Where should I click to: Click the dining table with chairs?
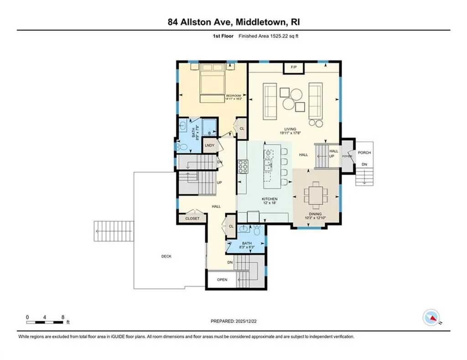(315, 193)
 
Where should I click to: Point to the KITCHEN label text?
(270, 199)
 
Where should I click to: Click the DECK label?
(166, 256)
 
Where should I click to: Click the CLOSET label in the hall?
(192, 219)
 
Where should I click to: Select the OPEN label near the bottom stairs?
(222, 280)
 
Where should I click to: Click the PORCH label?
(364, 153)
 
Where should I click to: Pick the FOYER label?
(348, 157)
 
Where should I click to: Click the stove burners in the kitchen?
(242, 166)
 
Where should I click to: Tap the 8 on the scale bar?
(62, 317)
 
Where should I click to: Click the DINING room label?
(315, 214)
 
